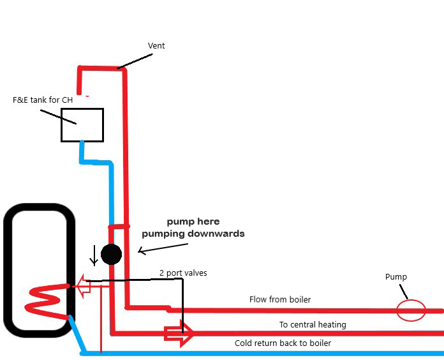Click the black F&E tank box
click(82, 124)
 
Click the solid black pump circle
click(111, 254)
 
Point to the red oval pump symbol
click(410, 311)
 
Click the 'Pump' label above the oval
click(396, 277)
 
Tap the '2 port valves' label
click(183, 273)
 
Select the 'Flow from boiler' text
click(280, 299)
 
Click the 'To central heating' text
click(313, 325)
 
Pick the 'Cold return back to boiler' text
click(283, 343)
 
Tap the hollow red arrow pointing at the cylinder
click(83, 287)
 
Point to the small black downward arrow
click(94, 255)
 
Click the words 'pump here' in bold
click(193, 222)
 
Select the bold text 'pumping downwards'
click(193, 234)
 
